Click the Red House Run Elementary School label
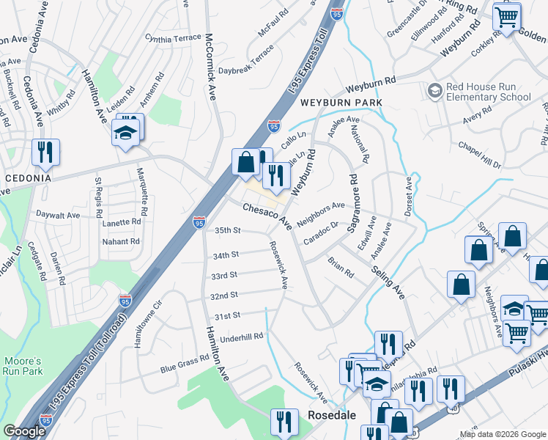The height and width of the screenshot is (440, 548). (489, 92)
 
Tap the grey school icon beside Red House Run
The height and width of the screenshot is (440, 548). (434, 91)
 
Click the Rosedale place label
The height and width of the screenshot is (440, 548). (331, 415)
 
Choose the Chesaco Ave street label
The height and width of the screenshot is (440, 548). (268, 215)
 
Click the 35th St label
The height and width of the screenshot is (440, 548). (227, 230)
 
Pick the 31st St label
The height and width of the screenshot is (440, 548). (227, 316)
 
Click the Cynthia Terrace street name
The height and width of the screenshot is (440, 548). (172, 37)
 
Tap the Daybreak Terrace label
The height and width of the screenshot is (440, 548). (246, 59)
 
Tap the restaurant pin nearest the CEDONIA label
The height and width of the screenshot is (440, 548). (46, 153)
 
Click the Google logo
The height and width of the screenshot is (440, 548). (24, 431)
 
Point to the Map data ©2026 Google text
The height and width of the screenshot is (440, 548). (502, 434)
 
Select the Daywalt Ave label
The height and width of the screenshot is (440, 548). (58, 216)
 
